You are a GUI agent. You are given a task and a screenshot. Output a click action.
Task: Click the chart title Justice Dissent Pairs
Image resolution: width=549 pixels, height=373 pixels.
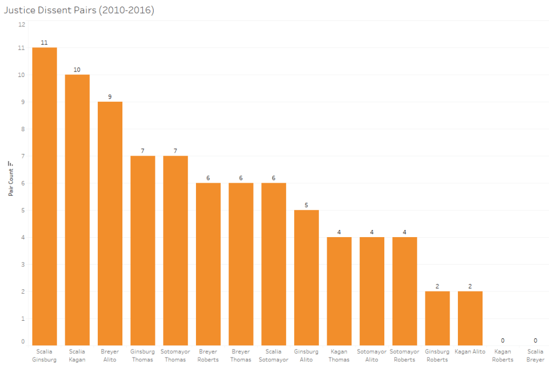point(79,10)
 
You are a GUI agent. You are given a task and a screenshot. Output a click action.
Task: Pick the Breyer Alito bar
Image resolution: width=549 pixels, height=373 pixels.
point(110,223)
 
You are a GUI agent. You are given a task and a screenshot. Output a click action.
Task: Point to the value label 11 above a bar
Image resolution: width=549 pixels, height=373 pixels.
point(44,42)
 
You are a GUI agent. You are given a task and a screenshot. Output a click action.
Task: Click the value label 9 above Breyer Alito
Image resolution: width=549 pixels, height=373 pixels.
point(110,97)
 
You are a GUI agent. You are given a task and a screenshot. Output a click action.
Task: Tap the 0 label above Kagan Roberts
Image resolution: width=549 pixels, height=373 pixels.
point(503,341)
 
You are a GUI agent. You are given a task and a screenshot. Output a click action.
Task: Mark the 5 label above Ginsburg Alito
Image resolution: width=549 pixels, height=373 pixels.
point(306,205)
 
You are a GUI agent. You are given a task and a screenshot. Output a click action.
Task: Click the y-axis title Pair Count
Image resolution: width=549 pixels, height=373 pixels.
point(10,179)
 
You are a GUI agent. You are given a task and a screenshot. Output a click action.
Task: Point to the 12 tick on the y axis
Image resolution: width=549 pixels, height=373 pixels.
point(21,24)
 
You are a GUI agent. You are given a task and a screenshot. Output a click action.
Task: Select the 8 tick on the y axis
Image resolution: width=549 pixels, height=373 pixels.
point(23,129)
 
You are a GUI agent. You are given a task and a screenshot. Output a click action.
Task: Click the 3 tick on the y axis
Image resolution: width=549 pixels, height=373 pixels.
point(23,265)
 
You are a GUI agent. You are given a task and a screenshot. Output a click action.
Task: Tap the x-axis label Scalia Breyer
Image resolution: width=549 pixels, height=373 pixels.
point(535,355)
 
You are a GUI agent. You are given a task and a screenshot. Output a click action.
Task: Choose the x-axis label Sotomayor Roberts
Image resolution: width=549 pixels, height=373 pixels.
point(405,355)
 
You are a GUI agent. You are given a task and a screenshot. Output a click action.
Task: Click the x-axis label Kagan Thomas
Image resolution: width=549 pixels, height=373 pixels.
point(339,355)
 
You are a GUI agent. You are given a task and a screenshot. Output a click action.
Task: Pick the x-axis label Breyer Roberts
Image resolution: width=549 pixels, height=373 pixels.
point(208,355)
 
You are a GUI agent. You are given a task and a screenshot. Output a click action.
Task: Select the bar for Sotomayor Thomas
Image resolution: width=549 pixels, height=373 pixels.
point(176,251)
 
